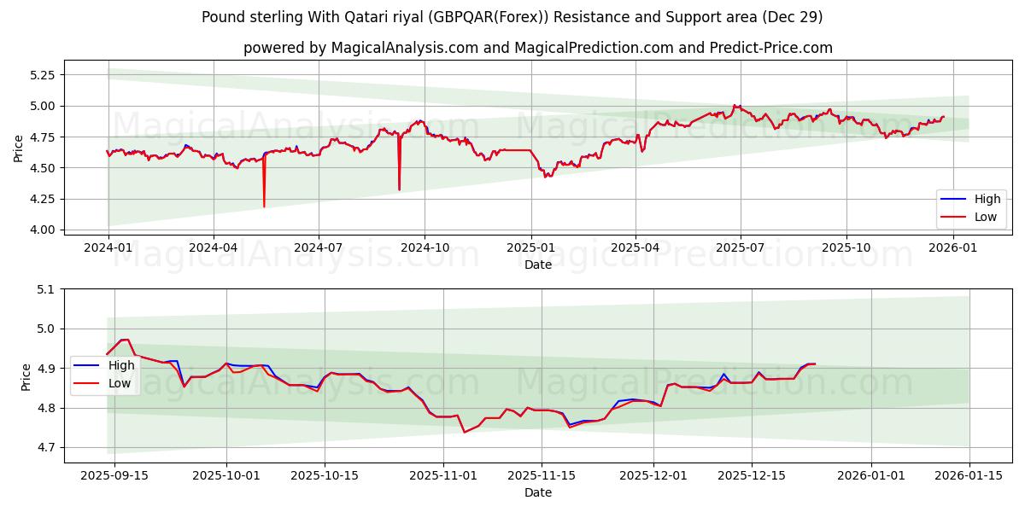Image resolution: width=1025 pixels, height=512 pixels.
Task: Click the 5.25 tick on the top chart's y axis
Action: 42,75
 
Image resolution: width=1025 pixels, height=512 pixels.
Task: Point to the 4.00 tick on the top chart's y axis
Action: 42,230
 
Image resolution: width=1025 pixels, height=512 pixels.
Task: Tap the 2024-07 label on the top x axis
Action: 318,247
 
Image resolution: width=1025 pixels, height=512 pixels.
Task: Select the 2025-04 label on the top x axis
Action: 635,247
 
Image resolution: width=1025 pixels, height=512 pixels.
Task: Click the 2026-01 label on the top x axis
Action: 952,247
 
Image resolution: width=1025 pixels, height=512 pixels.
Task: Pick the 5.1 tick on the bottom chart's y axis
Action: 45,289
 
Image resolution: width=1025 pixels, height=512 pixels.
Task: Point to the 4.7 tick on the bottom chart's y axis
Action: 45,448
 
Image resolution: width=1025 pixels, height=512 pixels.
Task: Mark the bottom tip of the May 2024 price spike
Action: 264,207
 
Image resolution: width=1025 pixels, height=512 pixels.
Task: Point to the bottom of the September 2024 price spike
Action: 399,189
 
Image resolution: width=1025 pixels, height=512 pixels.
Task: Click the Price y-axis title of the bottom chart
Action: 26,376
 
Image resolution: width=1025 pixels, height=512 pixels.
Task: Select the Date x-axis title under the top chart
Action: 538,265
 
